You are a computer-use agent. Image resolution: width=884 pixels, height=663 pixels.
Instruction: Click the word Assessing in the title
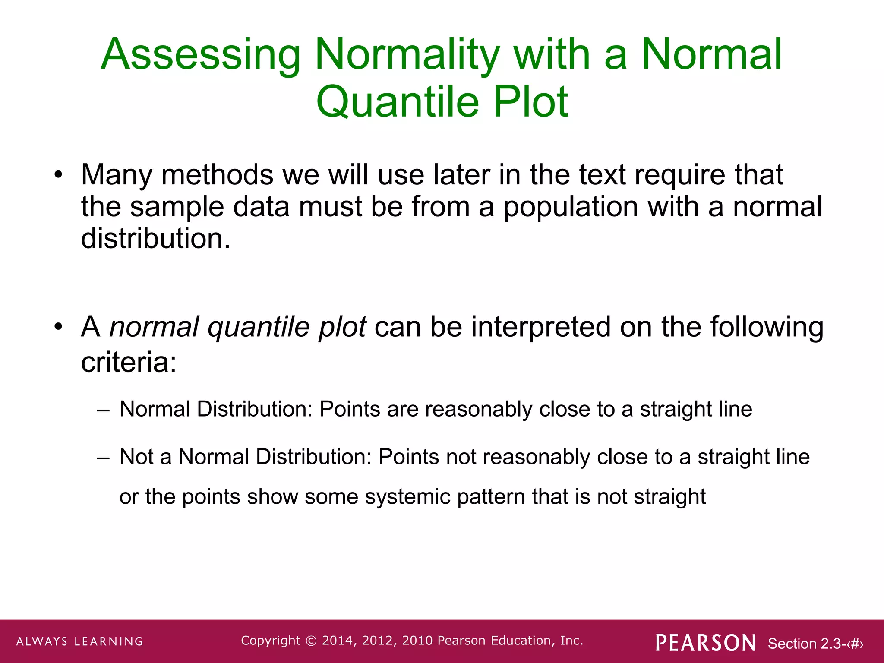[201, 55]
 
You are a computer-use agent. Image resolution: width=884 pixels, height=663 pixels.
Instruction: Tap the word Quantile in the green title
[398, 102]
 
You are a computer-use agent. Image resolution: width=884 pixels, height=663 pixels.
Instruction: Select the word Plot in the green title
[530, 102]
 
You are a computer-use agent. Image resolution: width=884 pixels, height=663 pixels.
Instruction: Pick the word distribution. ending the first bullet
[155, 239]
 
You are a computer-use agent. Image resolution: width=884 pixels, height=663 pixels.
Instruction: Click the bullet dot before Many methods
[59, 176]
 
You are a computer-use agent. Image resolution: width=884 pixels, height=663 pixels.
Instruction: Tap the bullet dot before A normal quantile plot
[59, 327]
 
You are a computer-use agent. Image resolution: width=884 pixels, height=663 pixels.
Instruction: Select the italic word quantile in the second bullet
[259, 327]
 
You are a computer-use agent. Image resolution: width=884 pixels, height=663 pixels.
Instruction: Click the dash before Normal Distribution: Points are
[103, 410]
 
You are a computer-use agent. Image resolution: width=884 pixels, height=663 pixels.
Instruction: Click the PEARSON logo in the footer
[706, 643]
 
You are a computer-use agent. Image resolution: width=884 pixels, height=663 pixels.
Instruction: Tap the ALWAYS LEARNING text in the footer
[80, 641]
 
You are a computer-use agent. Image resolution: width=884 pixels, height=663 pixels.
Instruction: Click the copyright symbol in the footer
[311, 641]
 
